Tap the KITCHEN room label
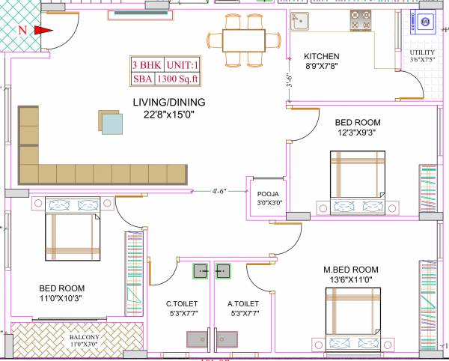pos(321,57)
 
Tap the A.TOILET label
pos(244,304)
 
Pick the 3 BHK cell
pos(145,64)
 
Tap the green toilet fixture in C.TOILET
pos(200,271)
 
